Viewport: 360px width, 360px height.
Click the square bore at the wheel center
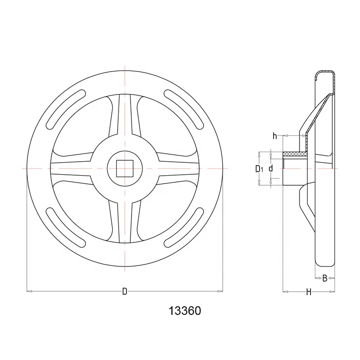point(125,168)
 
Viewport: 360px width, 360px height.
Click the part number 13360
point(185,311)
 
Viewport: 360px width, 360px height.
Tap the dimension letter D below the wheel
point(125,291)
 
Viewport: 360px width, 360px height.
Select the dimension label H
point(309,292)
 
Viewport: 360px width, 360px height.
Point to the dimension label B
point(325,278)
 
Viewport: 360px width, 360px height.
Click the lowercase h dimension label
point(275,136)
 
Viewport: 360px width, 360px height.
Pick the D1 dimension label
point(259,168)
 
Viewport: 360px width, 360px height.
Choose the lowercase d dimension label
point(271,168)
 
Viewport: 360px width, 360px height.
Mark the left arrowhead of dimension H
point(285,291)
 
